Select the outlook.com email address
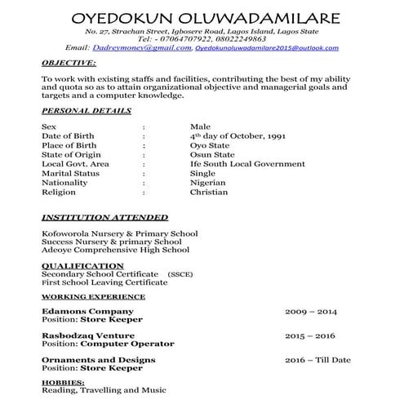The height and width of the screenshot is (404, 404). (x=277, y=49)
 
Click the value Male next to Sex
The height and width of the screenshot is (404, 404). (x=200, y=127)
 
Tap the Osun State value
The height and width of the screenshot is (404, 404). (x=212, y=154)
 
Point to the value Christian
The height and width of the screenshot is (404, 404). (x=209, y=193)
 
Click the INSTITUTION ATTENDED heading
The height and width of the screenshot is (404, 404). (x=104, y=218)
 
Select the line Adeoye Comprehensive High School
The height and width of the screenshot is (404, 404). (x=115, y=251)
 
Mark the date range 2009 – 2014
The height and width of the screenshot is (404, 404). (x=310, y=312)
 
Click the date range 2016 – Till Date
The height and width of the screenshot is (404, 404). (x=317, y=359)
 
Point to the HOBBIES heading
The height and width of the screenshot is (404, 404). (x=63, y=382)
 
